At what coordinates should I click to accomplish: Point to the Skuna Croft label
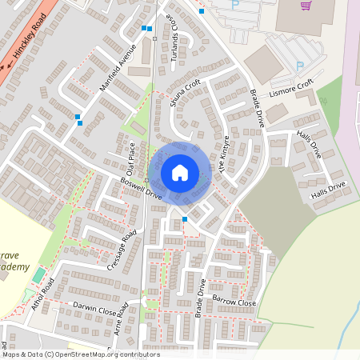(x=185, y=96)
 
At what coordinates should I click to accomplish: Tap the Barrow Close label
(x=234, y=301)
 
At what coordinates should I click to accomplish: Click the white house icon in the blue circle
(x=180, y=173)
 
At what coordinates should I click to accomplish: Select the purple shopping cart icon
(x=306, y=6)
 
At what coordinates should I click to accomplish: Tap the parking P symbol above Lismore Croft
(x=300, y=66)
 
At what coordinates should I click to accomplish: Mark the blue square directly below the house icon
(x=185, y=218)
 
